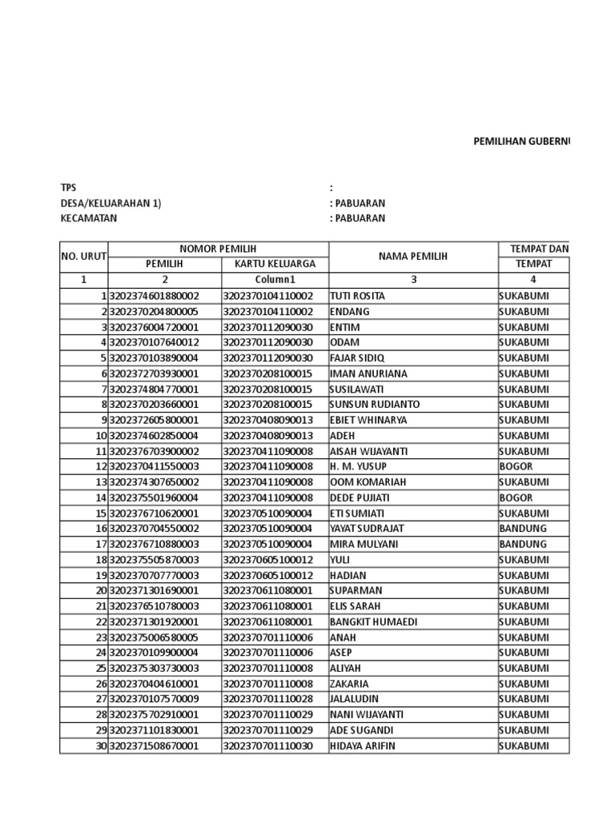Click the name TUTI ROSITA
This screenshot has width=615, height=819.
tap(357, 296)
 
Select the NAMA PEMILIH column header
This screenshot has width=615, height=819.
tap(414, 256)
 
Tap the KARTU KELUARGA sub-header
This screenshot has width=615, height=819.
tap(275, 264)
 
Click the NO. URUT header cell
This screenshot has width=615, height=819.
tap(83, 256)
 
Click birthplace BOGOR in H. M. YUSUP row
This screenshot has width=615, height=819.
tap(516, 466)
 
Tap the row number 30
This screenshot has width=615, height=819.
tap(101, 746)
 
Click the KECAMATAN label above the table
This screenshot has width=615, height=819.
tap(89, 218)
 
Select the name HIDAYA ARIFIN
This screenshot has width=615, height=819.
tap(363, 746)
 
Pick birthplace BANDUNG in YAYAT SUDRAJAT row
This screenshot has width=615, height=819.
tap(523, 529)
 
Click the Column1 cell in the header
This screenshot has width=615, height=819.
tap(275, 280)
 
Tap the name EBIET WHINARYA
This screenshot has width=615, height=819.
tap(368, 420)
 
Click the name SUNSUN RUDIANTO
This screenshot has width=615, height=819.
tap(375, 404)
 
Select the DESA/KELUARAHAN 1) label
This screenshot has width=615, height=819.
tap(111, 203)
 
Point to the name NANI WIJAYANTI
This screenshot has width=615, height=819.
tap(367, 715)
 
